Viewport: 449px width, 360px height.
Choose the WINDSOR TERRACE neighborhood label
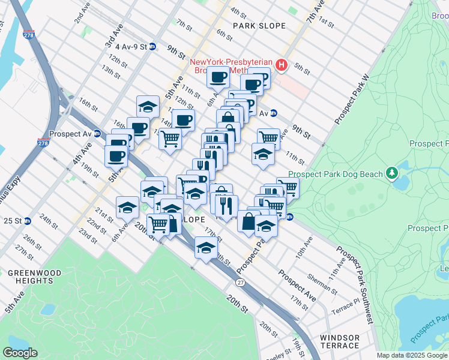pyautogui.click(x=340, y=341)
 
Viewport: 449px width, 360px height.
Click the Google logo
pyautogui.click(x=20, y=352)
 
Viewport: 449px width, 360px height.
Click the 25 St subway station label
pyautogui.click(x=13, y=221)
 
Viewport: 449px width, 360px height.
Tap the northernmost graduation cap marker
pyautogui.click(x=148, y=106)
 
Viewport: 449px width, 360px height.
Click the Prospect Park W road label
pyautogui.click(x=351, y=100)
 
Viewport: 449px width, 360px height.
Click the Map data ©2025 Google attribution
pyautogui.click(x=412, y=355)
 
